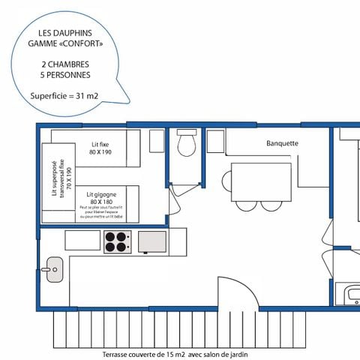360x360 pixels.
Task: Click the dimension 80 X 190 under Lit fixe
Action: [x=100, y=151]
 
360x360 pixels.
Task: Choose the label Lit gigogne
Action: [x=100, y=193]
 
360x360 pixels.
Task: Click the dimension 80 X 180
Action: [x=100, y=202]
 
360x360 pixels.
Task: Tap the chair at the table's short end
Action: [x=226, y=181]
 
